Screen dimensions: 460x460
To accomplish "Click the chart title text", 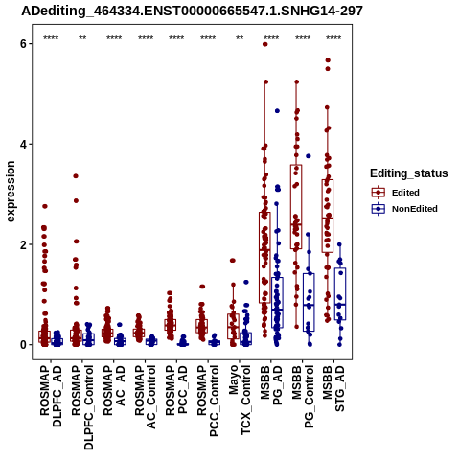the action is pos(192,11).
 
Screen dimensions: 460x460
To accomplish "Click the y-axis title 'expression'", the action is pos(11,192).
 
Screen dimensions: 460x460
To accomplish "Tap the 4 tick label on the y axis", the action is pos(23,144).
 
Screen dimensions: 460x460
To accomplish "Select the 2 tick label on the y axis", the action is pos(23,244).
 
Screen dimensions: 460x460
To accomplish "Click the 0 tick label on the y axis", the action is pos(23,345).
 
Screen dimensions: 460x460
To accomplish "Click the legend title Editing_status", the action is pos(409,173).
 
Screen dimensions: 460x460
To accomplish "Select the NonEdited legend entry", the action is pos(404,209).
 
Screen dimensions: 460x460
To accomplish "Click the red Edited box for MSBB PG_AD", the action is pos(264,257).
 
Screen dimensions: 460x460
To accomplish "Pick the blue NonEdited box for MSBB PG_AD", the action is pos(277,303).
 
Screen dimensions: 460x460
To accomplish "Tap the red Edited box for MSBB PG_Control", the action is pos(296,207).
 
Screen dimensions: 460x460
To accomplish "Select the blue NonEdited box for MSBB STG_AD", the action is pos(340,294).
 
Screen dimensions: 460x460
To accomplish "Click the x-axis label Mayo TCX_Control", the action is pos(240,401).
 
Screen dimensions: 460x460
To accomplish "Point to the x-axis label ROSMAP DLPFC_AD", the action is pos(51,396).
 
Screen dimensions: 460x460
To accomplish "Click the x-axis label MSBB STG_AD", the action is pos(333,388).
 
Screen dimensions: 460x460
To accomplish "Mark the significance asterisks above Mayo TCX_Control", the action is pos(240,38).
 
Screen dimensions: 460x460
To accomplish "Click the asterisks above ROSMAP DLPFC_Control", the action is pos(82,38).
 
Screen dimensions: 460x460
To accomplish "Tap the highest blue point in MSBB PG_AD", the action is pos(277,111).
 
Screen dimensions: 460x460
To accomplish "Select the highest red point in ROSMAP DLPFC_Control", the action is pos(76,176).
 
